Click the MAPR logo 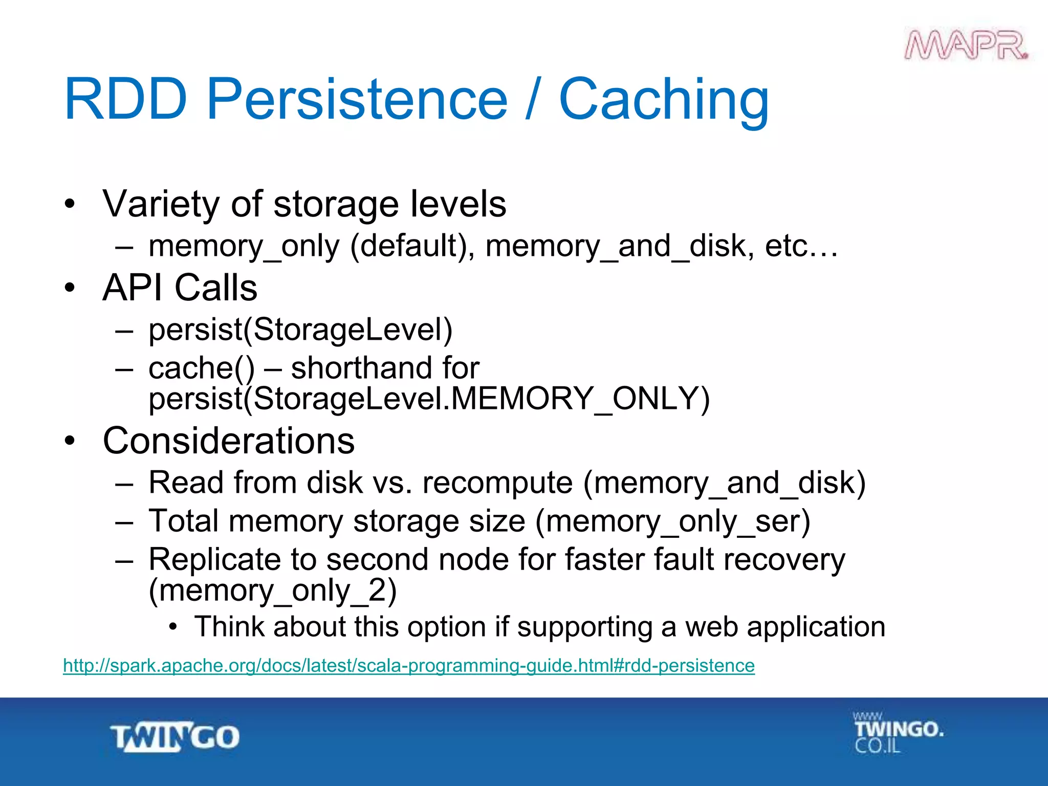[x=966, y=46]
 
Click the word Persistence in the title [x=357, y=99]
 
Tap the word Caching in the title [x=664, y=99]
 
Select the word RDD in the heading [x=126, y=99]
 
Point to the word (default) [x=412, y=246]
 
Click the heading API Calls [x=180, y=288]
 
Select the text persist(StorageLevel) [x=300, y=330]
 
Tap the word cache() [x=201, y=368]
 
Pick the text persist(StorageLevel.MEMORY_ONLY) [x=429, y=399]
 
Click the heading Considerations [x=229, y=441]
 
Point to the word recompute [x=497, y=483]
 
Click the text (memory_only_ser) [x=672, y=521]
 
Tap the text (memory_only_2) [x=272, y=591]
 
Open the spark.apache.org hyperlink [x=408, y=666]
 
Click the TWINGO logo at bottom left [x=174, y=737]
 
